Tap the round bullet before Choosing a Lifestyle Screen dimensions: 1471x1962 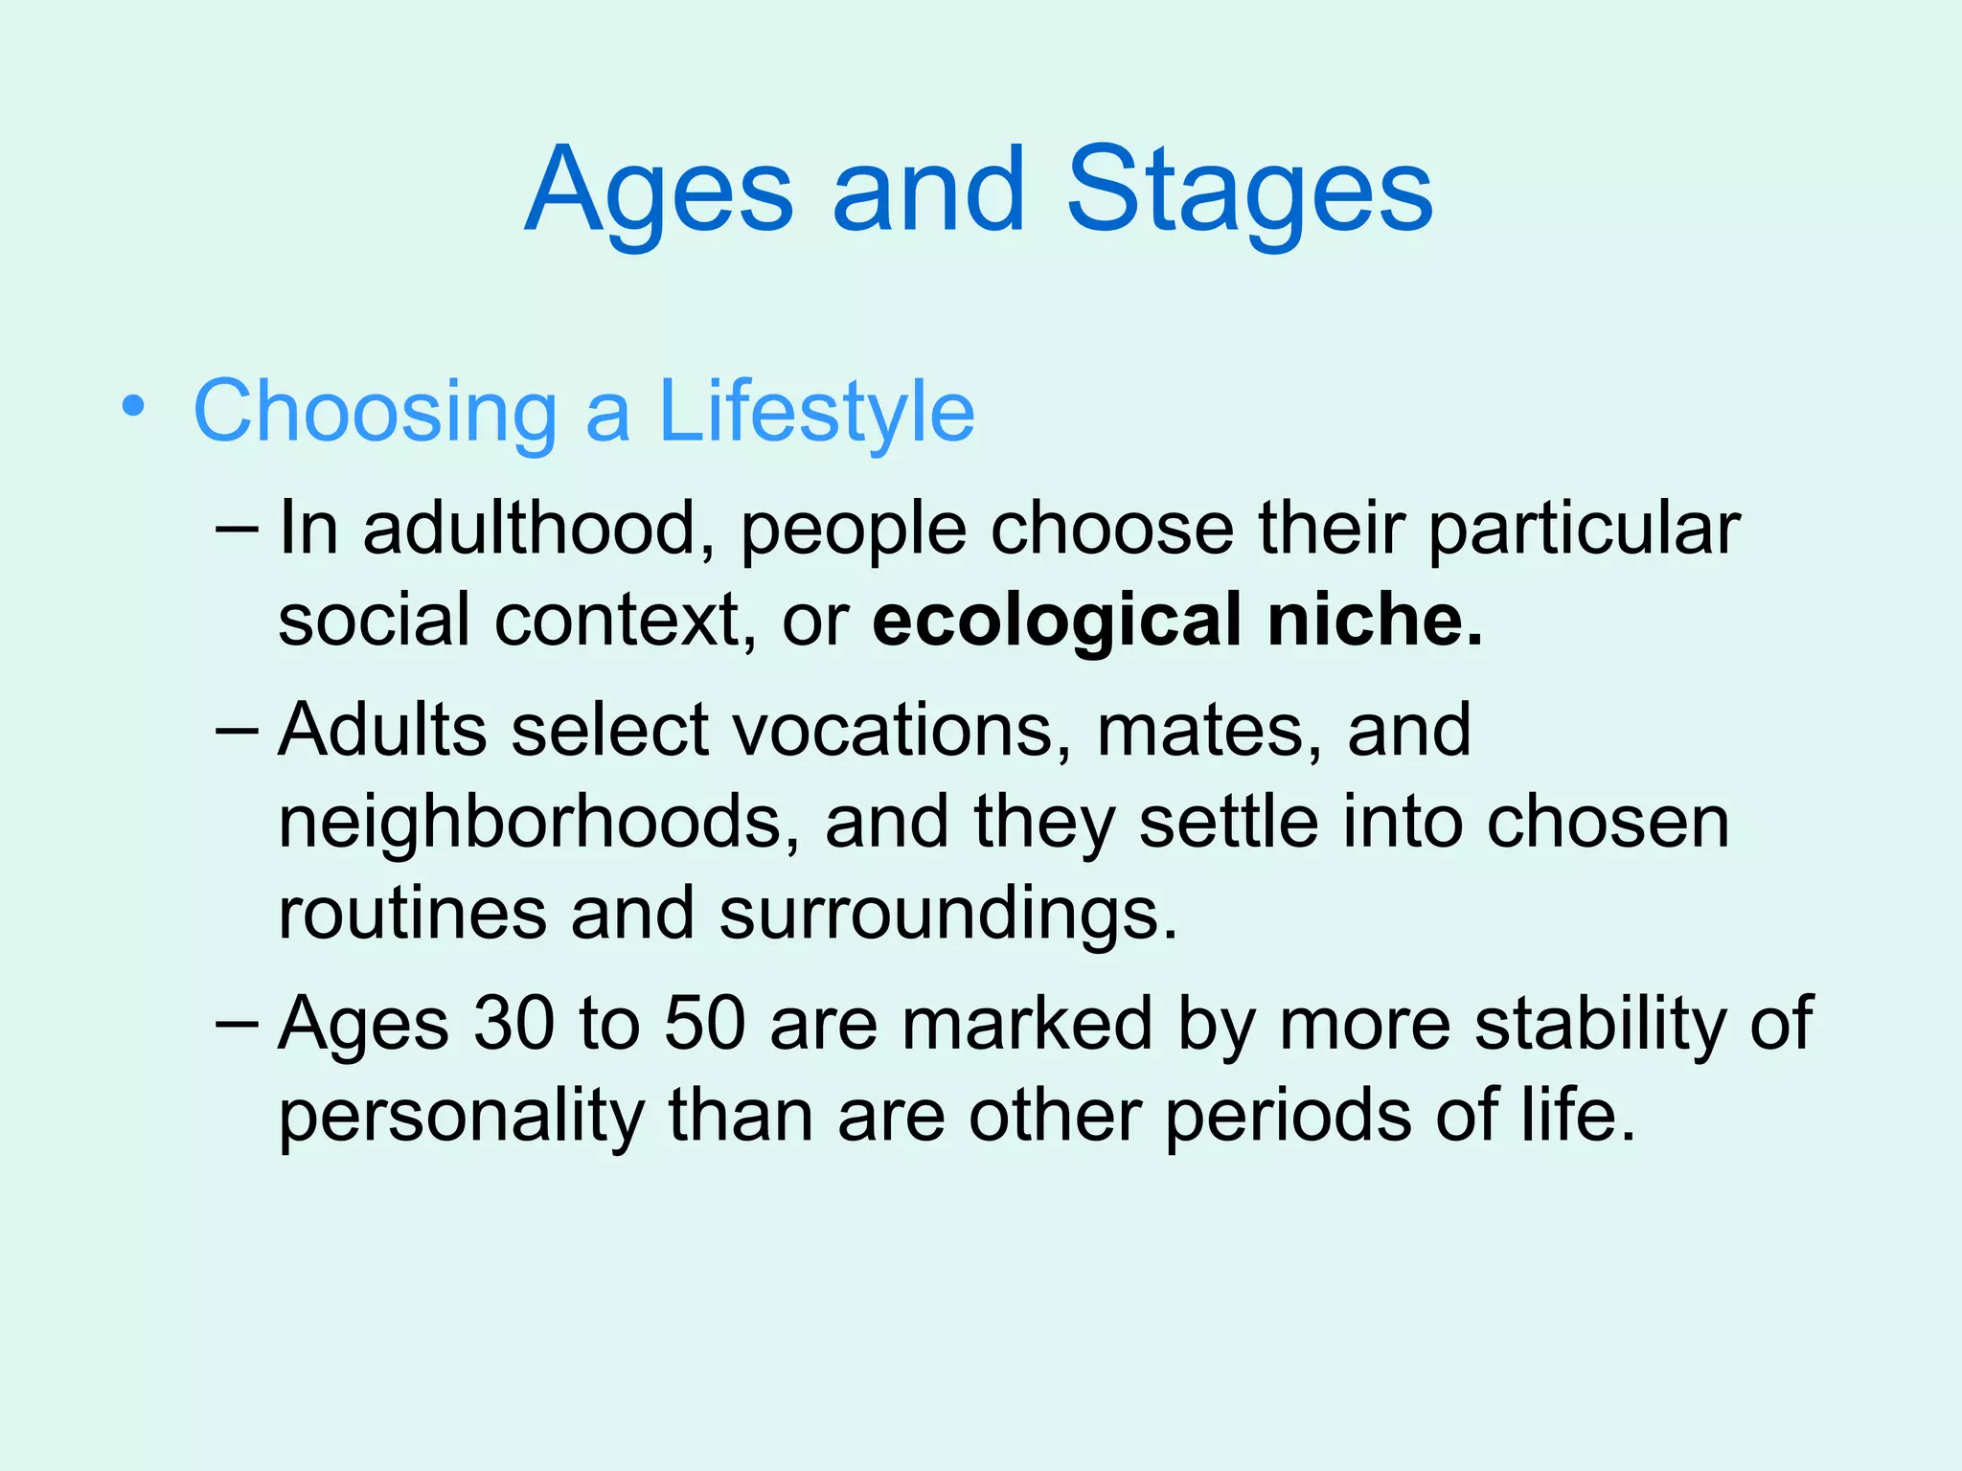point(134,407)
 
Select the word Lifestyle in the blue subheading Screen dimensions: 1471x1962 point(816,412)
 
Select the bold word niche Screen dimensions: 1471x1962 point(1374,621)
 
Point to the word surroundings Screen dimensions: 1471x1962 point(948,915)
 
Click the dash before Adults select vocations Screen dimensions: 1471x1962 point(237,730)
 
